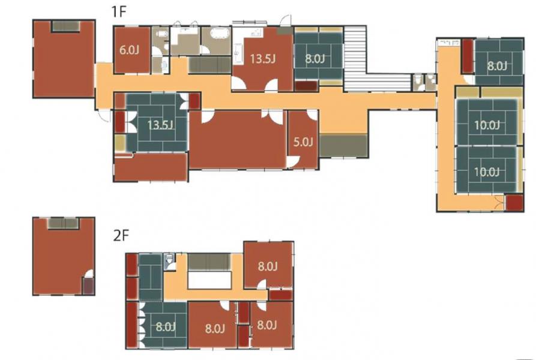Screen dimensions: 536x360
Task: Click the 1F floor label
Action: [119, 12]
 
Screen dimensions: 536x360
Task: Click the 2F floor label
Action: [121, 236]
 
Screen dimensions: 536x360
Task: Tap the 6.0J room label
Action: [129, 50]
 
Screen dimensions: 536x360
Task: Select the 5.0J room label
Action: [303, 142]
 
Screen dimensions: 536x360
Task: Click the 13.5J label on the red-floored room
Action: [262, 59]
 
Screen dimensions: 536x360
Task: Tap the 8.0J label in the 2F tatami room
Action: [166, 327]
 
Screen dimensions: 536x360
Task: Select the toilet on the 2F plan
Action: [169, 262]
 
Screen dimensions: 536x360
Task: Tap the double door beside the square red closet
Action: [499, 203]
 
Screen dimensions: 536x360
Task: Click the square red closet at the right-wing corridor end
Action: [514, 203]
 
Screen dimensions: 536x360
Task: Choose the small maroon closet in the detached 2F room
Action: [88, 286]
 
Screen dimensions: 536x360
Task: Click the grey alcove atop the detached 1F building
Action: [65, 26]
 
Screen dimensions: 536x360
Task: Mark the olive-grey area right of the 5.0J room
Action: [343, 146]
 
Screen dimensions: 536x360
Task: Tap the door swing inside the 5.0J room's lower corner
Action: [294, 162]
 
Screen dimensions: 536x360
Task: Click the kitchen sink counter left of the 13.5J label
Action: [238, 54]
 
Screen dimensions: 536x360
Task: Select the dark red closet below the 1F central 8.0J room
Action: [307, 86]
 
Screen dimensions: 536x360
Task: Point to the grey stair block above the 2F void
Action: [209, 262]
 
